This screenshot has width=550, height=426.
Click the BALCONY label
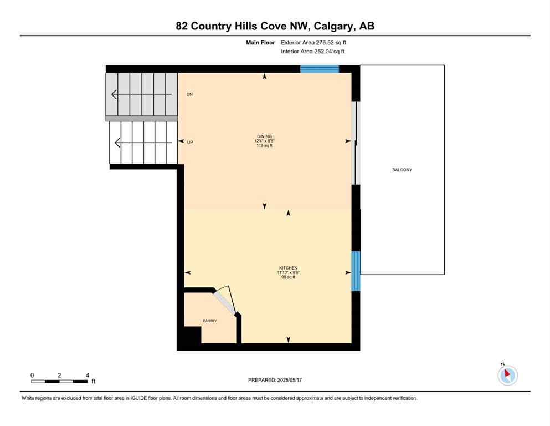[402, 170]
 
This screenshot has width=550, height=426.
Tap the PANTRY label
[209, 321]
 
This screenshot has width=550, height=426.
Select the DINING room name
[264, 136]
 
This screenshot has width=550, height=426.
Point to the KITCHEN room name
[288, 268]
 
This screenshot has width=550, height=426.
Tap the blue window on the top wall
[319, 69]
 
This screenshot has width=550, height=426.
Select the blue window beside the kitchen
[356, 271]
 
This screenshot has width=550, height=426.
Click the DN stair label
[189, 94]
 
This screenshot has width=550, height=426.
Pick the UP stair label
[190, 143]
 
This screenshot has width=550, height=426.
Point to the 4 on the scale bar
[88, 375]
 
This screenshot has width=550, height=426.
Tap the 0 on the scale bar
[32, 375]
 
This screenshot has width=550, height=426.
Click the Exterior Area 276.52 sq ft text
[313, 42]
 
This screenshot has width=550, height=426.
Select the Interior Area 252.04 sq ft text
[313, 52]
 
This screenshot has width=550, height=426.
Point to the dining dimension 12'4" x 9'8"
[264, 141]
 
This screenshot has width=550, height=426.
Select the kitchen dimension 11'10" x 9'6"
[288, 273]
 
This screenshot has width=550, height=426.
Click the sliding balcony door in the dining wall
[357, 143]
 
